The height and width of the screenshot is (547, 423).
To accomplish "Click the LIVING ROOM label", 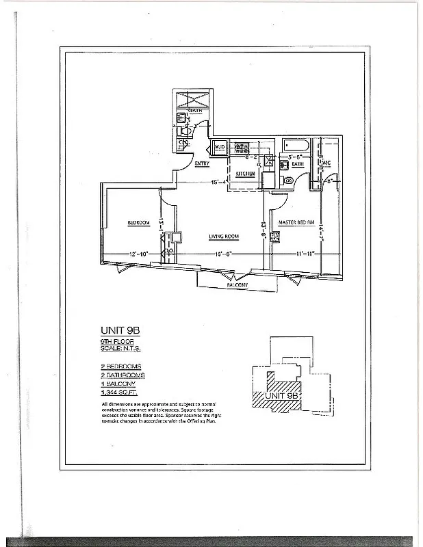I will [x=224, y=237].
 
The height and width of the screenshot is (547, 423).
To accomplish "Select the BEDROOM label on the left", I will [x=138, y=223].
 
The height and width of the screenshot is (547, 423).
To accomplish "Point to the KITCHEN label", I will [x=245, y=174].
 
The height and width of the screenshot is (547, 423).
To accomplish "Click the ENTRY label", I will [x=202, y=164].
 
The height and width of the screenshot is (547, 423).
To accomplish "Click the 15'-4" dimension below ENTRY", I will [x=219, y=182].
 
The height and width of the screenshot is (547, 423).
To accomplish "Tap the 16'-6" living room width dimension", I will [x=223, y=254].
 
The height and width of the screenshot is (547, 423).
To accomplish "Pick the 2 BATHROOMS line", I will [x=122, y=375].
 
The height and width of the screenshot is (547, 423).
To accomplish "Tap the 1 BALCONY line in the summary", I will [x=116, y=384].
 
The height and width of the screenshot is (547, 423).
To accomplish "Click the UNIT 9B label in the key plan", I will [x=283, y=396].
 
